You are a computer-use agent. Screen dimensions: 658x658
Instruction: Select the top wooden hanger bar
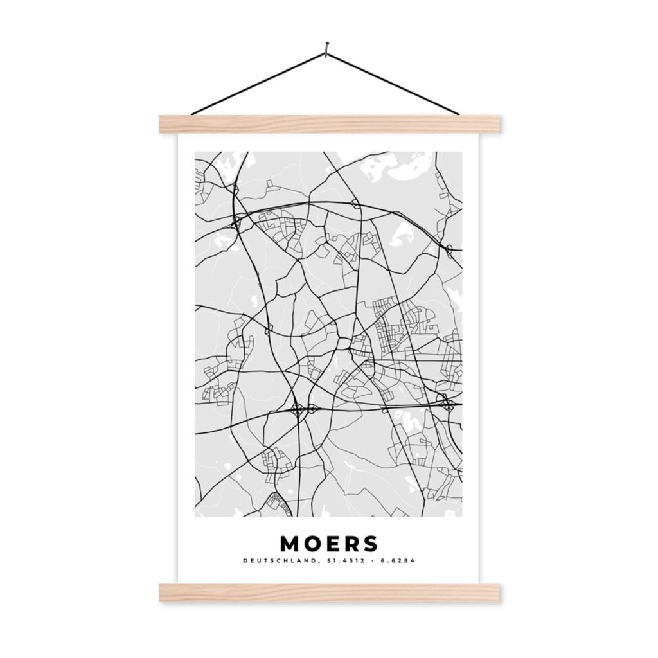[329, 124]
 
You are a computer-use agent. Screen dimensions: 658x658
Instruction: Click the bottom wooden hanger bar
[329, 592]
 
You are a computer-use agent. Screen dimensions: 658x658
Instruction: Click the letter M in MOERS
[290, 544]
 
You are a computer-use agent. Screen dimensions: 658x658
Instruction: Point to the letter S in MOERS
[371, 544]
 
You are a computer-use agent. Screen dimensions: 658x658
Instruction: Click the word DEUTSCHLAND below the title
[280, 561]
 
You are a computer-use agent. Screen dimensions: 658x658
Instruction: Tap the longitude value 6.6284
[398, 561]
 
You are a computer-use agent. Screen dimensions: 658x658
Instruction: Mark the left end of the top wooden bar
[163, 124]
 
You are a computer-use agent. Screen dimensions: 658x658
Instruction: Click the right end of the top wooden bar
[496, 124]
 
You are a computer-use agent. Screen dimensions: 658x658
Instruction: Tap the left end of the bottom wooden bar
[163, 592]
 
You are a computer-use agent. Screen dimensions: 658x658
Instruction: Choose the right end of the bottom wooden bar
[496, 592]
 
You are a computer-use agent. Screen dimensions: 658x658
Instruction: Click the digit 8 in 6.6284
[407, 561]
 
